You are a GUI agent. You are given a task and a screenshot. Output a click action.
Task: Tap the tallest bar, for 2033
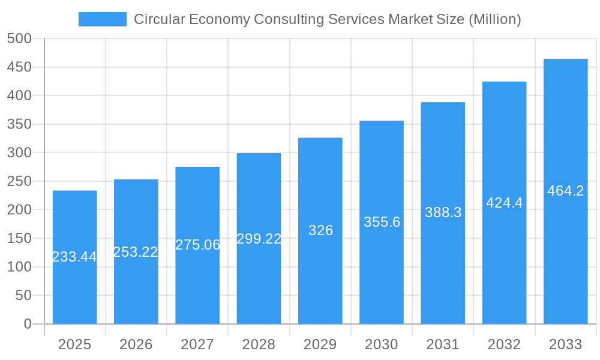pos(565,252)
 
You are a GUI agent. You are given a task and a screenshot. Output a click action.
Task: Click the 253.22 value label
pos(136,252)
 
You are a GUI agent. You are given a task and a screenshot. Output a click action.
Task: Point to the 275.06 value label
pos(197,245)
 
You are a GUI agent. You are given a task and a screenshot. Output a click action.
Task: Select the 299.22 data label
pos(259,239)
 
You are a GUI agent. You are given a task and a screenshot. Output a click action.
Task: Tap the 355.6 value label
pos(382,222)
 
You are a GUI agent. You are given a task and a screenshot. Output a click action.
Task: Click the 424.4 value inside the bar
pos(504,203)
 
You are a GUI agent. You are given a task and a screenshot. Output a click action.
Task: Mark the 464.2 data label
pos(565,191)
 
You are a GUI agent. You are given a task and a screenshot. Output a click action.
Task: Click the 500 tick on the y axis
pos(19,38)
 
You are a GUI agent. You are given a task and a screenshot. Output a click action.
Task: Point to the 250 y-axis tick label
pos(19,181)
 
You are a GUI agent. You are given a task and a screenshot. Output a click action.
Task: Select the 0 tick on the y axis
pos(28,324)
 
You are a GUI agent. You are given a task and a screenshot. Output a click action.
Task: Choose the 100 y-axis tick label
pos(19,267)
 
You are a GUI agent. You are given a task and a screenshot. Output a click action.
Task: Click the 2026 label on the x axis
pos(136,344)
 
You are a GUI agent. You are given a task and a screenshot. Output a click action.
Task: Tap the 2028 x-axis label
pos(259,344)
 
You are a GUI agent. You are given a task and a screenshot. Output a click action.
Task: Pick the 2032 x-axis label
pos(504,344)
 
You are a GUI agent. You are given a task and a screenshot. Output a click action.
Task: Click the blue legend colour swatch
pos(103,19)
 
